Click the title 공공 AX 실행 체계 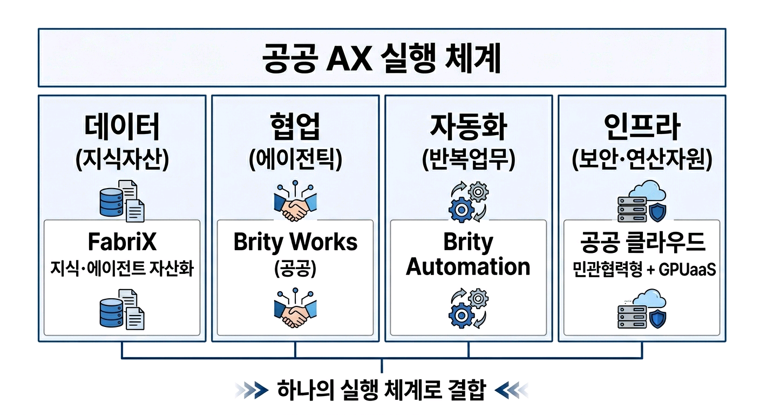pyautogui.click(x=381, y=58)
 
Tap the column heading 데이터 pyautogui.click(x=122, y=129)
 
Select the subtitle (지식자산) pyautogui.click(x=122, y=159)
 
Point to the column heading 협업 pyautogui.click(x=295, y=129)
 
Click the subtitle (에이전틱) pyautogui.click(x=295, y=159)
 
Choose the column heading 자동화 pyautogui.click(x=468, y=129)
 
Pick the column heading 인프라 pyautogui.click(x=642, y=129)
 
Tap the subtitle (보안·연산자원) pyautogui.click(x=642, y=159)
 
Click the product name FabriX pyautogui.click(x=122, y=242)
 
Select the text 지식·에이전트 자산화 pyautogui.click(x=122, y=269)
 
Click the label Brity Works pyautogui.click(x=295, y=242)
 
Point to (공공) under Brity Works pyautogui.click(x=295, y=269)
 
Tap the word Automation pyautogui.click(x=468, y=267)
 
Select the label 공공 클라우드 pyautogui.click(x=642, y=243)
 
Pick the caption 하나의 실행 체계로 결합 pyautogui.click(x=381, y=389)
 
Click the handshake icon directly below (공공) pyautogui.click(x=295, y=309)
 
